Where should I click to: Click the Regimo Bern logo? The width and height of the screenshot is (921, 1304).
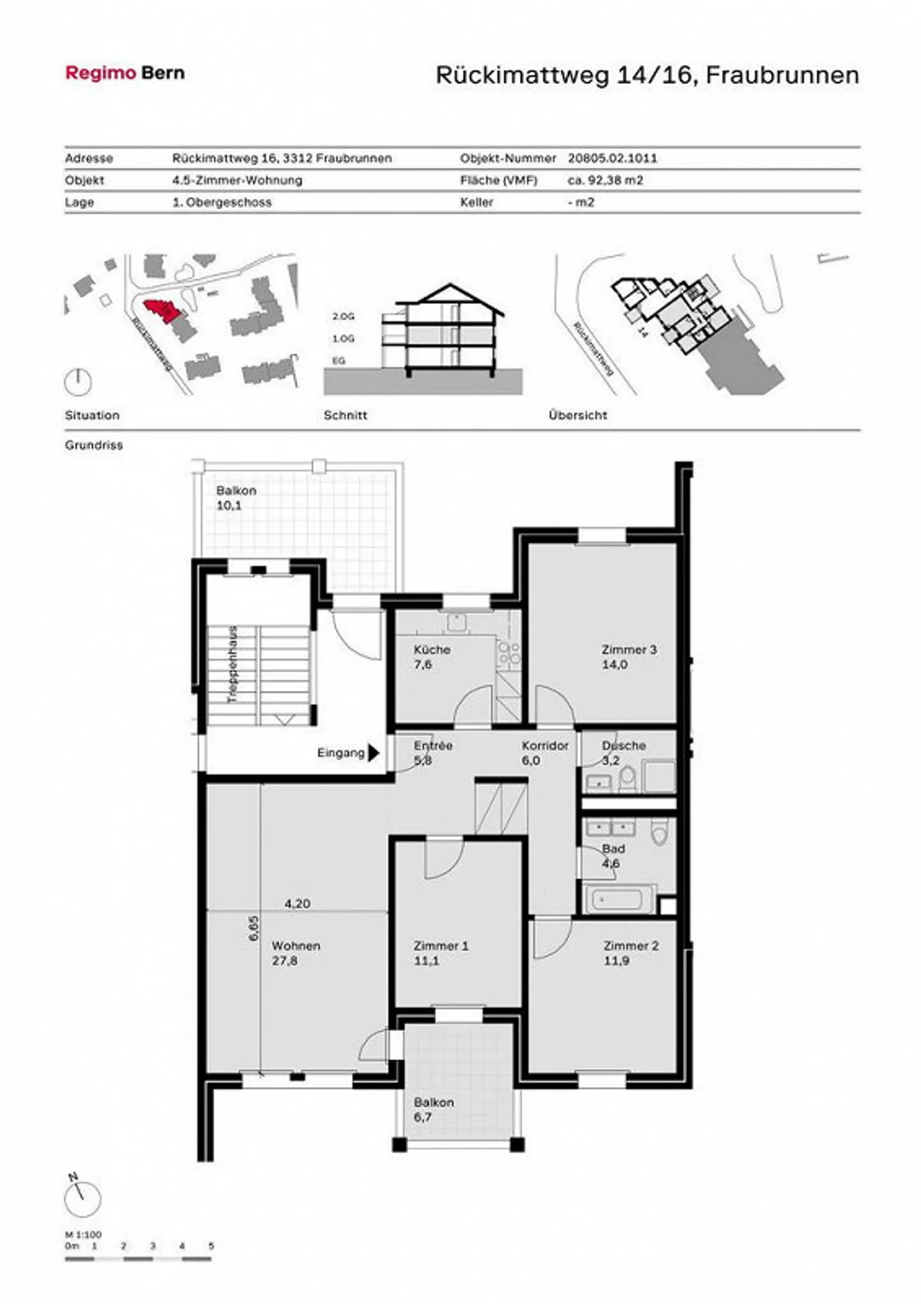click(125, 73)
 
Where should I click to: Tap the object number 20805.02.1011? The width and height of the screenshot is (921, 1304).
click(612, 158)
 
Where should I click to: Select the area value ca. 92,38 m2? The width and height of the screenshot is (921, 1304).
click(605, 180)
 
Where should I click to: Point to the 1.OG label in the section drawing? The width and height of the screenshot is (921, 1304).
click(343, 338)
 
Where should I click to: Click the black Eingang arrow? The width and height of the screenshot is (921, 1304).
click(374, 753)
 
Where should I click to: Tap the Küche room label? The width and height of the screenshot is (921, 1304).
click(432, 650)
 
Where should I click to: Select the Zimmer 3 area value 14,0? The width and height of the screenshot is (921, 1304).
click(614, 664)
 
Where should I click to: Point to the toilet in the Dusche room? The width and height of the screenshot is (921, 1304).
click(627, 778)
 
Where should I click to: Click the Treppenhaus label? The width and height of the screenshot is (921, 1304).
click(233, 665)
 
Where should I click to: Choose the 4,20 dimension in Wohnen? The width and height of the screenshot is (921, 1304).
click(297, 904)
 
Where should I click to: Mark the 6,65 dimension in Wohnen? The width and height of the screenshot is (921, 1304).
click(254, 928)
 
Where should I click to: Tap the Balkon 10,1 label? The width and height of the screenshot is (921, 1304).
click(236, 498)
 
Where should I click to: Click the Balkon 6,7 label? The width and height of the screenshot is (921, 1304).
click(434, 1110)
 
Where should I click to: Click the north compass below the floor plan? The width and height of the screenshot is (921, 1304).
click(83, 1199)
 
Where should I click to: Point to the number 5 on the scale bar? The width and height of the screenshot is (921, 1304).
click(211, 1246)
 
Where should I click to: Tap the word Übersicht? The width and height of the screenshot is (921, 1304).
click(578, 415)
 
